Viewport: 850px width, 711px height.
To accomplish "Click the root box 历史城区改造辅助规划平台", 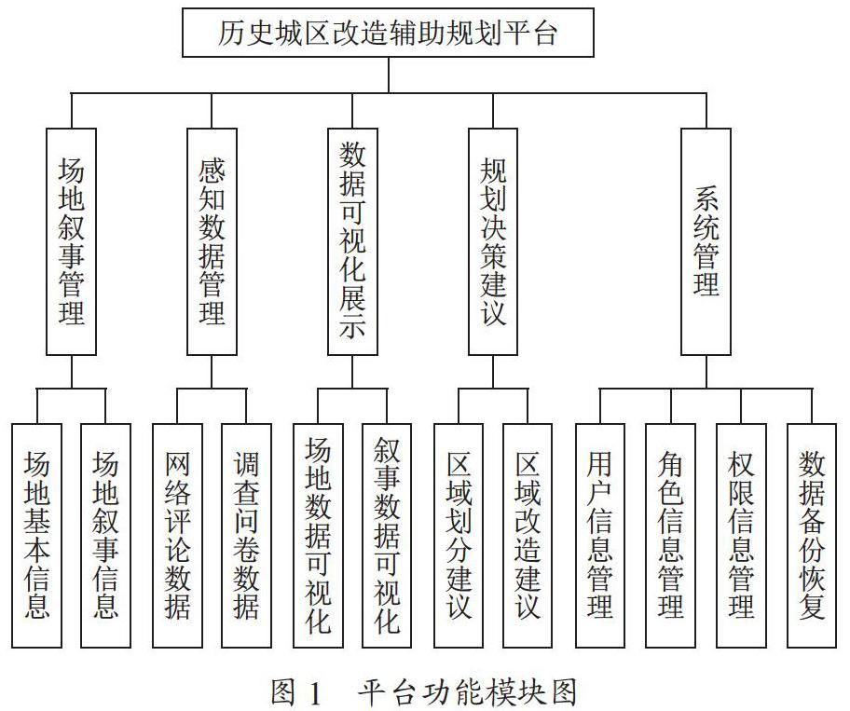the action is click(x=388, y=33).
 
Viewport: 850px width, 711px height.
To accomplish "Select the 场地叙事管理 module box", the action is click(x=71, y=241).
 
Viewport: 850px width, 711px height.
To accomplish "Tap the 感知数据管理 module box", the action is click(x=212, y=241).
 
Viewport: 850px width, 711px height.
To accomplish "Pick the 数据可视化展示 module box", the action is click(x=352, y=241).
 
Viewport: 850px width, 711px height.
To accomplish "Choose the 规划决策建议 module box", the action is click(x=493, y=241).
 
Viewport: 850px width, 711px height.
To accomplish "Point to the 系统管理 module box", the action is click(x=706, y=241).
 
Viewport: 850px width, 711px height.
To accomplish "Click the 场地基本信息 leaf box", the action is click(x=37, y=536).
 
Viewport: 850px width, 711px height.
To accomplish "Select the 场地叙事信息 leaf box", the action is click(x=105, y=536).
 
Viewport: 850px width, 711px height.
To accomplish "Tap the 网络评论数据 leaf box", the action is click(x=177, y=536).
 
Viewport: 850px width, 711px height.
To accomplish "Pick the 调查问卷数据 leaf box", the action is click(x=246, y=536).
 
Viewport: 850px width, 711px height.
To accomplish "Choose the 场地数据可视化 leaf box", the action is click(x=318, y=536).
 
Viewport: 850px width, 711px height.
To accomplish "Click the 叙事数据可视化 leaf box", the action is click(x=387, y=536).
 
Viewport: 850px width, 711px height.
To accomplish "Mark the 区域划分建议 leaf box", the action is click(x=459, y=536).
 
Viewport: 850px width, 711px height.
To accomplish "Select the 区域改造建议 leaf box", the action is click(x=528, y=536).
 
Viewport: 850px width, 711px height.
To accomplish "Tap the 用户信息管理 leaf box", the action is click(x=600, y=536).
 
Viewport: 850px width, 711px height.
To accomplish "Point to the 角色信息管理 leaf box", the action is click(x=670, y=536).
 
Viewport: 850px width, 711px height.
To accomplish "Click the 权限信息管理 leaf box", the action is click(x=741, y=536).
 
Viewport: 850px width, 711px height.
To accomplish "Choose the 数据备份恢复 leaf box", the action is click(x=812, y=536).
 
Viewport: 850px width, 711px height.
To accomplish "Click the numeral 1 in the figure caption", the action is click(x=314, y=692).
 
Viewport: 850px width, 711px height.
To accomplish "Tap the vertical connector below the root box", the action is click(x=388, y=75).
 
